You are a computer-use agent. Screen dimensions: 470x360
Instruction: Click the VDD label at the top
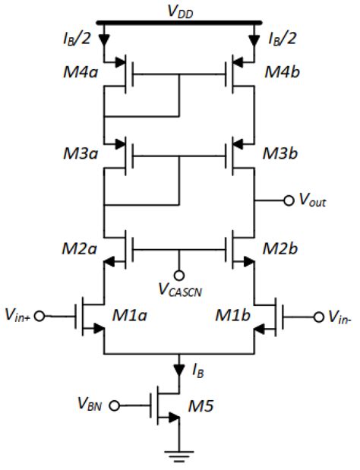click(x=180, y=11)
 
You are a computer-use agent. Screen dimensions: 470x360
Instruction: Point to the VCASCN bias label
click(x=180, y=292)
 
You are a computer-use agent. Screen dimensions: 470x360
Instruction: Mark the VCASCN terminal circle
click(x=180, y=275)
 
